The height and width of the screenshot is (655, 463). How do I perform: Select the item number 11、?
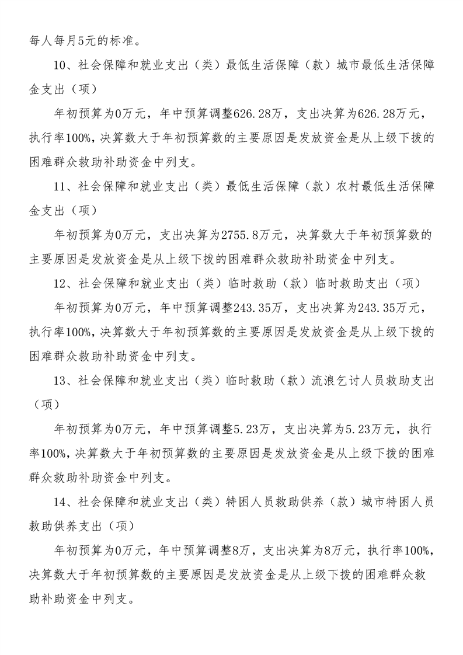click(x=64, y=187)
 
